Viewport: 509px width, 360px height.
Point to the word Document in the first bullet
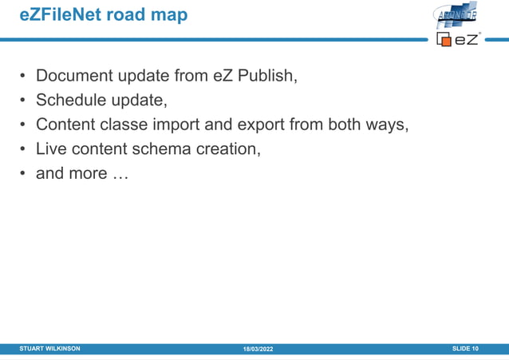(73, 77)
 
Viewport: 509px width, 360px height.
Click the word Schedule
(72, 101)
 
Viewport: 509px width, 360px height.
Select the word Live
(52, 148)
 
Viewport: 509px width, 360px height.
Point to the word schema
(161, 148)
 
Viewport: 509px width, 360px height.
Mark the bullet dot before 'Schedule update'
(24, 101)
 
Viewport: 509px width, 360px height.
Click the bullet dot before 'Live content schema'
(24, 149)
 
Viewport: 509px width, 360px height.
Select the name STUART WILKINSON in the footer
(49, 349)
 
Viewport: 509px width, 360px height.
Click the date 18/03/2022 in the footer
(258, 350)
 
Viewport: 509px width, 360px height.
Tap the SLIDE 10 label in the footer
(465, 349)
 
